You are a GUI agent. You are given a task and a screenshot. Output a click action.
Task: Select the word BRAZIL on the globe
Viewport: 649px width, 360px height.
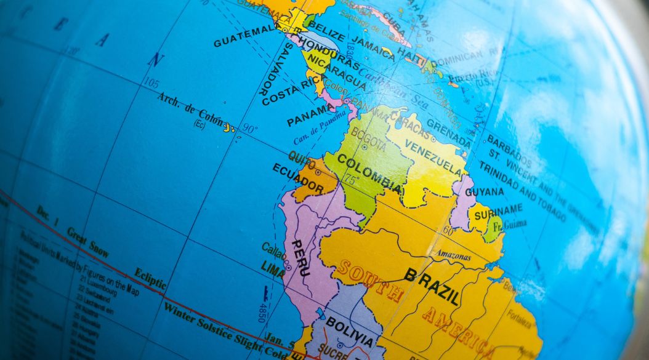[432, 286]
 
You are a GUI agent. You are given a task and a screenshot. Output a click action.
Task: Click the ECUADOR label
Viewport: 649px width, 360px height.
[297, 177]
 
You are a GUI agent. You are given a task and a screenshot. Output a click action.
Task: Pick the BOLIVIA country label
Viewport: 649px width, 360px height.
[349, 332]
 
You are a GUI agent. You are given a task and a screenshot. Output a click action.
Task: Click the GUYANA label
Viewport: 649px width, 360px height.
[484, 191]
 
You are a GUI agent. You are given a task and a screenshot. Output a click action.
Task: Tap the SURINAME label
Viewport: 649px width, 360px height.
[499, 211]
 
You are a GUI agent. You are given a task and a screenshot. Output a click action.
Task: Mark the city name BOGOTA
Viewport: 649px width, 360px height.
[368, 140]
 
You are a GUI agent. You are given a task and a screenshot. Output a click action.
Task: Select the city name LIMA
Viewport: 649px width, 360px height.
[273, 266]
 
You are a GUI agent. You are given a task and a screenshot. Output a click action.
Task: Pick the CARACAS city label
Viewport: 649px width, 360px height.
[408, 120]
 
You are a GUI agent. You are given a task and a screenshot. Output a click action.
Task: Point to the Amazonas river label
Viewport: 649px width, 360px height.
[453, 254]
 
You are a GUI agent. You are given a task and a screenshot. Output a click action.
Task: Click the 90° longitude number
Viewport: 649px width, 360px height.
[249, 129]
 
